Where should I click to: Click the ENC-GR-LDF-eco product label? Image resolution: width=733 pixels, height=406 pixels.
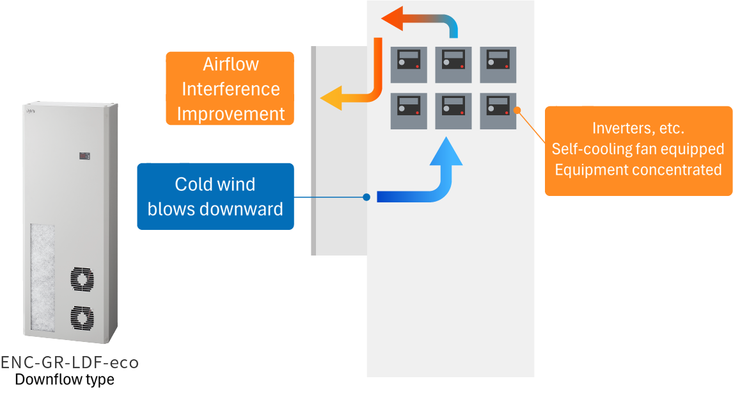tap(69, 362)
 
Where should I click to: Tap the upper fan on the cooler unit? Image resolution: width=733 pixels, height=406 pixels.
tap(81, 280)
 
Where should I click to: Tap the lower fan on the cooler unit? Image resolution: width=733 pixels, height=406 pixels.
tap(81, 317)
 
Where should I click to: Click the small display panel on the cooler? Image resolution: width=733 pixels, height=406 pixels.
tap(84, 156)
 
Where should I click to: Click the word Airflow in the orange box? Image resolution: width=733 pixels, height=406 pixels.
tap(230, 65)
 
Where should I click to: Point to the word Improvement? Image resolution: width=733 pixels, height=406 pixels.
tap(230, 114)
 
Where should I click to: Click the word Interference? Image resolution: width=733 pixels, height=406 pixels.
tap(230, 89)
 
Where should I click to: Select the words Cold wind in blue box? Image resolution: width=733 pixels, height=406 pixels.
tap(215, 184)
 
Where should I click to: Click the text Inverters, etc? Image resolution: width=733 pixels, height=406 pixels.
tap(638, 128)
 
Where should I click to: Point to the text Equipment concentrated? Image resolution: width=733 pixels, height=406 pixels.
tap(638, 170)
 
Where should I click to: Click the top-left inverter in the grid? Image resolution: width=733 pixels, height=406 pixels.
tap(409, 64)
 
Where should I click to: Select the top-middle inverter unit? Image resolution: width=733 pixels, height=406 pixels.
tap(453, 64)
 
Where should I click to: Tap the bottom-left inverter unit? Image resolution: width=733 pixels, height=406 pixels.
tap(409, 111)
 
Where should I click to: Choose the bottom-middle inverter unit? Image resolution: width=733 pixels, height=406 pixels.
tap(453, 111)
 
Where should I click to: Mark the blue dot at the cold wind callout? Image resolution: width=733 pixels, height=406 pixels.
tap(366, 197)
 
